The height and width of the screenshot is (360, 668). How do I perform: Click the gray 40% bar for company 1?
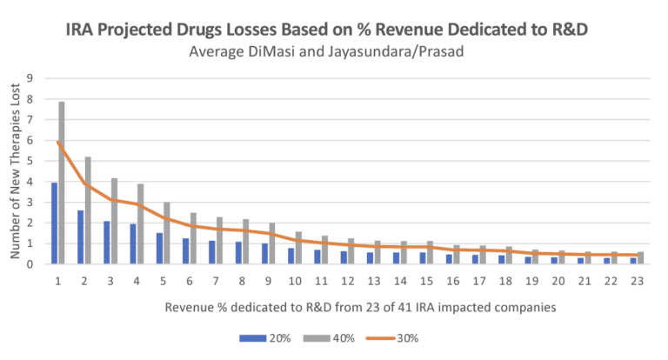tap(62, 183)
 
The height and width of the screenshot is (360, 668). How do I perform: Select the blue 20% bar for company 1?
tap(54, 223)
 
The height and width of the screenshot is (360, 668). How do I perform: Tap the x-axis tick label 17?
tap(478, 280)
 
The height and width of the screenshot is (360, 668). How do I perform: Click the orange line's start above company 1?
tap(57, 143)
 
